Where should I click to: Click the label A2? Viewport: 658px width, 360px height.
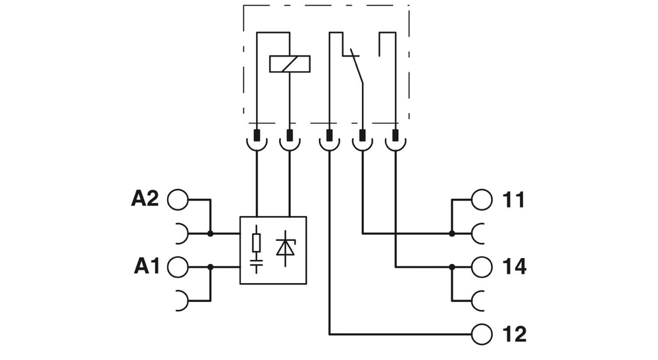pyautogui.click(x=145, y=198)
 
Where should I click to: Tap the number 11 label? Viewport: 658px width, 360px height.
pyautogui.click(x=514, y=199)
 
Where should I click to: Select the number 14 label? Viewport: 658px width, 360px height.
pyautogui.click(x=514, y=267)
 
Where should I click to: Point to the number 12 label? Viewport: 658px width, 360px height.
pyautogui.click(x=514, y=334)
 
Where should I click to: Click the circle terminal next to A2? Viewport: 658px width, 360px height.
pyautogui.click(x=178, y=199)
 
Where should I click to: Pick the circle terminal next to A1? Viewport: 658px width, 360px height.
pyautogui.click(x=178, y=267)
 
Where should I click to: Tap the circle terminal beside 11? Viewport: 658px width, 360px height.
pyautogui.click(x=482, y=199)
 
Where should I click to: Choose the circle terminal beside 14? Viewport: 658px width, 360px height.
pyautogui.click(x=482, y=267)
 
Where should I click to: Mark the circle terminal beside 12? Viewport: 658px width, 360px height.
pyautogui.click(x=482, y=334)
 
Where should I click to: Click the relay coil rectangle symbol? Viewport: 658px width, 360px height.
pyautogui.click(x=290, y=64)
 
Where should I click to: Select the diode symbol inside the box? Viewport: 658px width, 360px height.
pyautogui.click(x=286, y=247)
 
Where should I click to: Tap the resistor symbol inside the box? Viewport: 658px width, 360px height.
pyautogui.click(x=257, y=242)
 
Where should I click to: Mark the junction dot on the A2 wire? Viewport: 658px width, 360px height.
pyautogui.click(x=210, y=233)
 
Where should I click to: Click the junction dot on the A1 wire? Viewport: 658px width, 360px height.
pyautogui.click(x=210, y=267)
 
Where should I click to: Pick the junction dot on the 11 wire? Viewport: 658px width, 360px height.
pyautogui.click(x=452, y=233)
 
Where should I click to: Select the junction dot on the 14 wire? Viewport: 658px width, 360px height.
pyautogui.click(x=452, y=267)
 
